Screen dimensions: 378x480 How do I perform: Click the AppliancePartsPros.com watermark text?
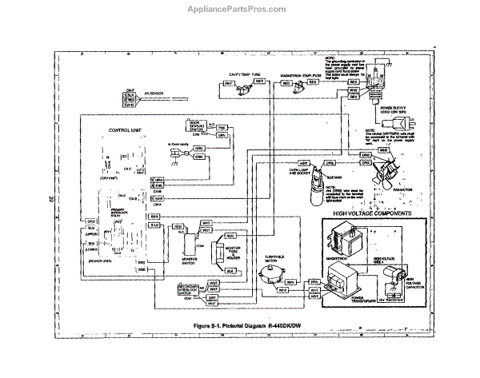click(239, 10)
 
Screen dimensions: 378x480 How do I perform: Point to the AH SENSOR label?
click(154, 95)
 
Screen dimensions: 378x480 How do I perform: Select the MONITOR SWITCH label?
click(189, 260)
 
